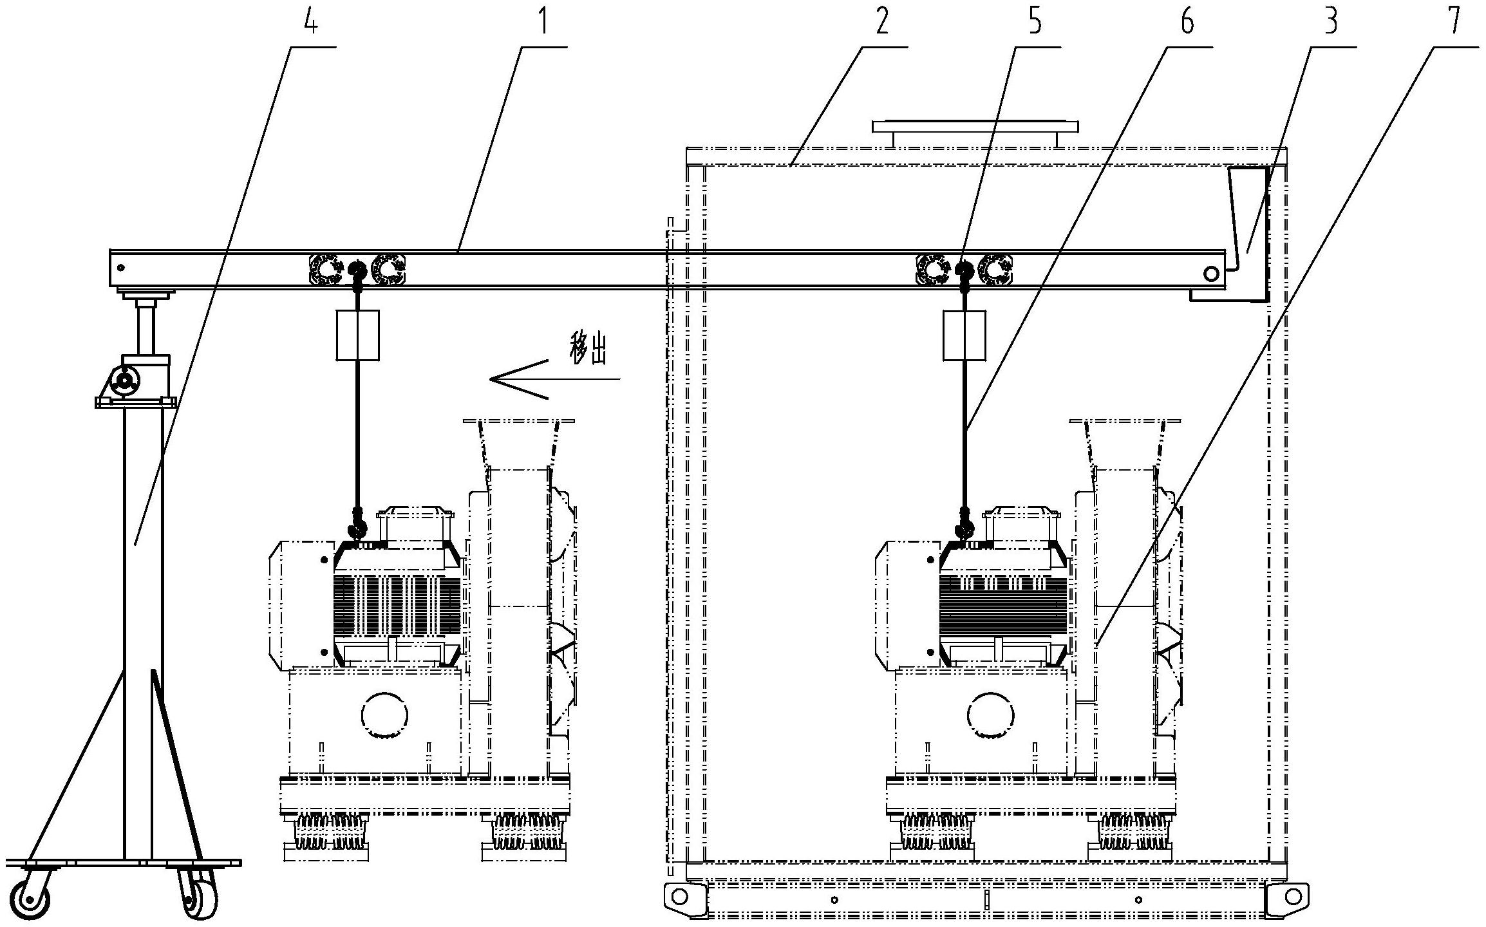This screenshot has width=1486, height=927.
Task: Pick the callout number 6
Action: (x=1186, y=22)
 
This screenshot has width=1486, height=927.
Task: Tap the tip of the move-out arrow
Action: (x=491, y=379)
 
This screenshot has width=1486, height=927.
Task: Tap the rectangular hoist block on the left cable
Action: (x=357, y=335)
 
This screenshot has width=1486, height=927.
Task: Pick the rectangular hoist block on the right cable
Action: (x=964, y=335)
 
